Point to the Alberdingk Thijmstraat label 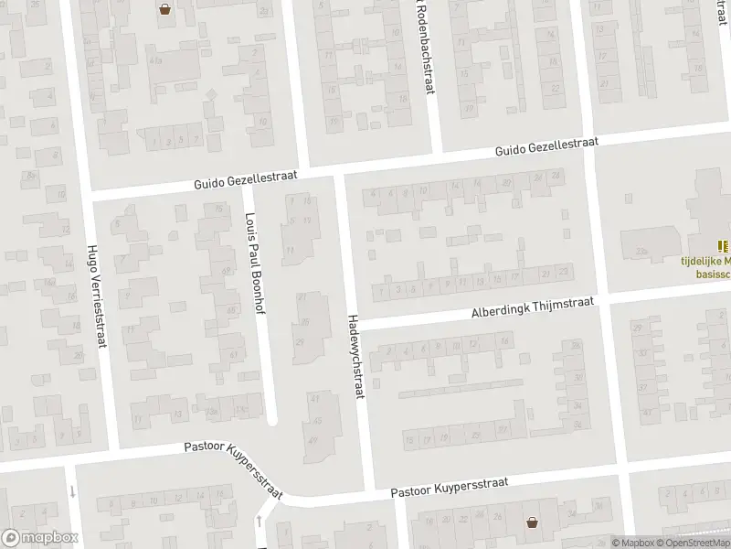tap(533, 307)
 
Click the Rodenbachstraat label tap(423, 46)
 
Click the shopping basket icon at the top tap(165, 10)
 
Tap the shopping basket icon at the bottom tap(532, 522)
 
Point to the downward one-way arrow tap(71, 491)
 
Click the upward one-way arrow tap(260, 522)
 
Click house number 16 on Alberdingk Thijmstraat tap(504, 341)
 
